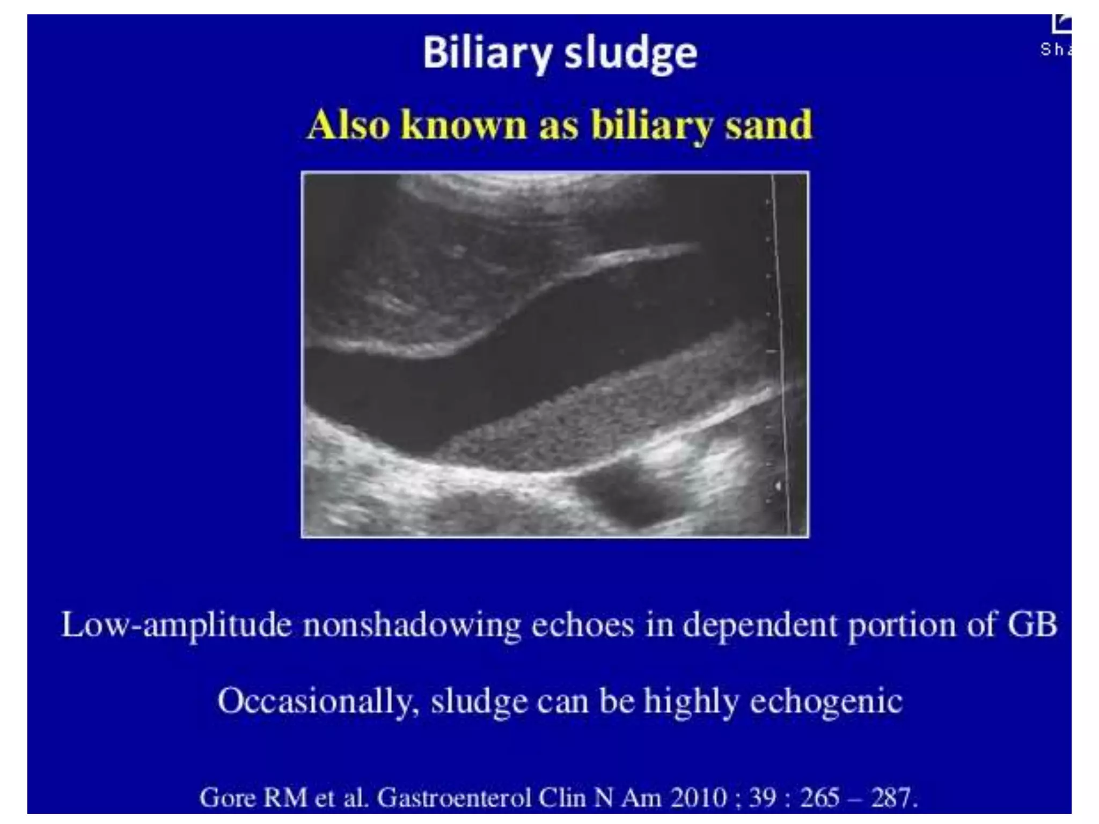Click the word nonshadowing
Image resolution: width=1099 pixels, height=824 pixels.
[412, 626]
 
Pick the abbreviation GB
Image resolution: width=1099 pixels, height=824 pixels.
[1031, 624]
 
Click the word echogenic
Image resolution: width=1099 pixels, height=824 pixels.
[826, 702]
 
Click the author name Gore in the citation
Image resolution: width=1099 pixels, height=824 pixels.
[227, 798]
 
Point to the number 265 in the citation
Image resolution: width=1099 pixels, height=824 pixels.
[819, 798]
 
